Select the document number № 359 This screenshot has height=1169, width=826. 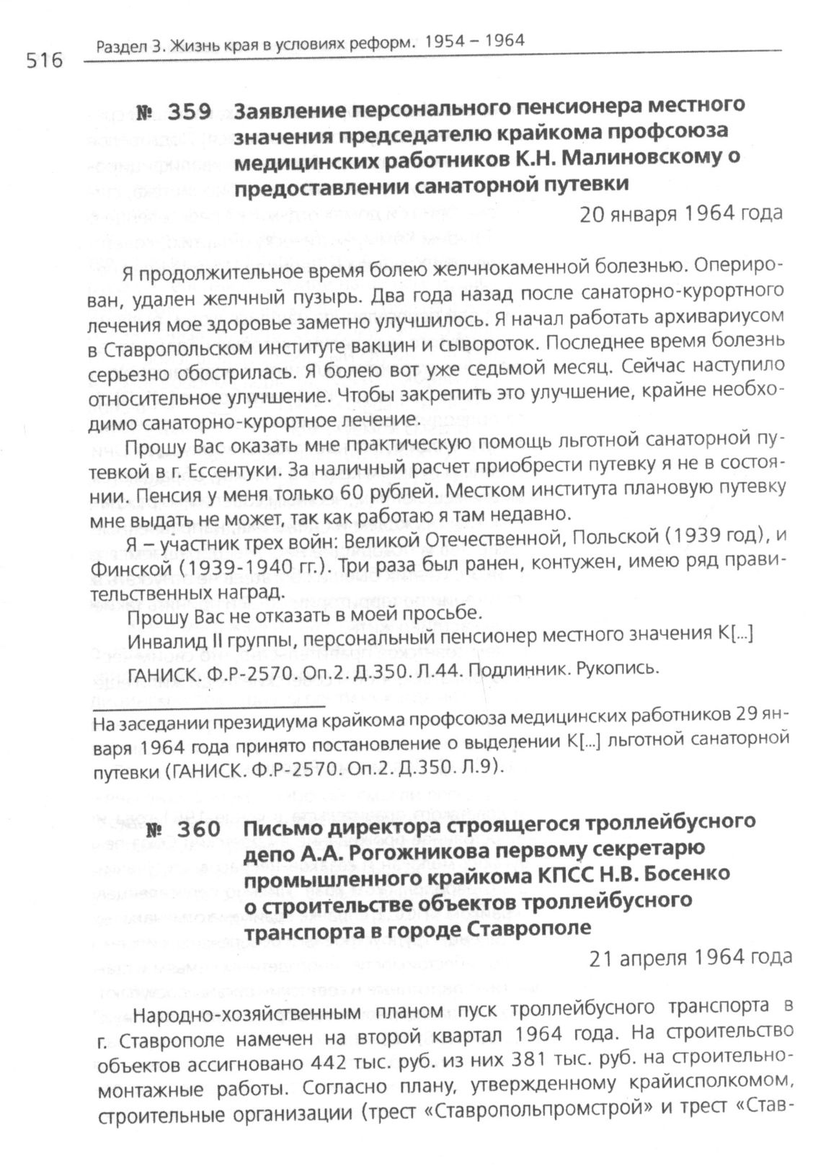174,112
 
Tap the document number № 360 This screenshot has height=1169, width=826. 184,830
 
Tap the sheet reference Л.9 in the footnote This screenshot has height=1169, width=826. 478,768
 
